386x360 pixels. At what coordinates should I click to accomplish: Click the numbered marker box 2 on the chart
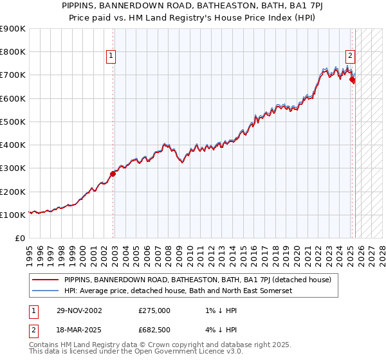pyautogui.click(x=350, y=55)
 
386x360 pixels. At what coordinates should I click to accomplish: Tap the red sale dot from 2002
pyautogui.click(x=113, y=174)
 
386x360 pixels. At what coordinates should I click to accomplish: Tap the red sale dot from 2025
pyautogui.click(x=352, y=80)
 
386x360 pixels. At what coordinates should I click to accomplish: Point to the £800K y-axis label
pyautogui.click(x=13, y=52)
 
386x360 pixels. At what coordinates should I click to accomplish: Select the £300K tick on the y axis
pyautogui.click(x=13, y=168)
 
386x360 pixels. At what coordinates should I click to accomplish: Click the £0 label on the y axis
pyautogui.click(x=20, y=239)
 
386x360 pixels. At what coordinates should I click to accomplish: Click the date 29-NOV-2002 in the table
pyautogui.click(x=80, y=310)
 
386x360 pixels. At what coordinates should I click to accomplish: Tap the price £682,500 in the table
pyautogui.click(x=154, y=331)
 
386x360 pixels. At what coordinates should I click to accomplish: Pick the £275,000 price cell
pyautogui.click(x=154, y=310)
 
